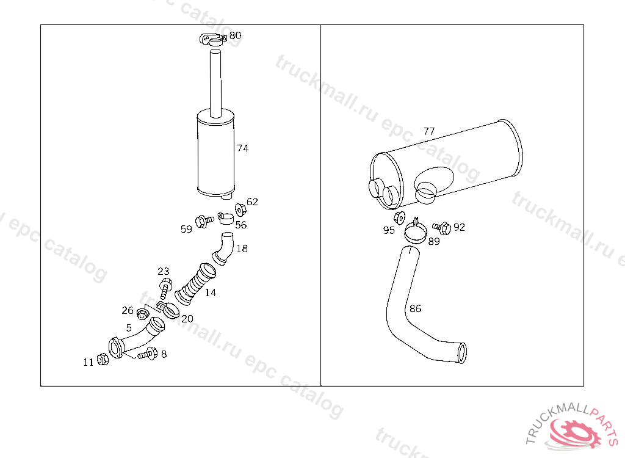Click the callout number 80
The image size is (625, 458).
235,35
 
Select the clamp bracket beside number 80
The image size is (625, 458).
213,40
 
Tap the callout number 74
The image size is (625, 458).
243,148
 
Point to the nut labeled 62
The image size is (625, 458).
240,209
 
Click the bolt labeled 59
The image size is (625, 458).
204,221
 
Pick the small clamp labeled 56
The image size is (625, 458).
226,218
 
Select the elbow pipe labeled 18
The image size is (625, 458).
223,248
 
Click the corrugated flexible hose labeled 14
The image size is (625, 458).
196,284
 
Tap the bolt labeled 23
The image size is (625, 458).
165,288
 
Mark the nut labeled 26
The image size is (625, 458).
142,314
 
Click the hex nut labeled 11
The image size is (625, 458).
103,360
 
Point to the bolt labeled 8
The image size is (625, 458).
148,354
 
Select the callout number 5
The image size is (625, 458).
129,328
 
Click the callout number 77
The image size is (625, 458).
429,131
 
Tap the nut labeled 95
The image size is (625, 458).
399,218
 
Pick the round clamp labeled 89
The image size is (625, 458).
415,232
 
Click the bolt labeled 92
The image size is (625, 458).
442,228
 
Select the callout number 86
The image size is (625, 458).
415,309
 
